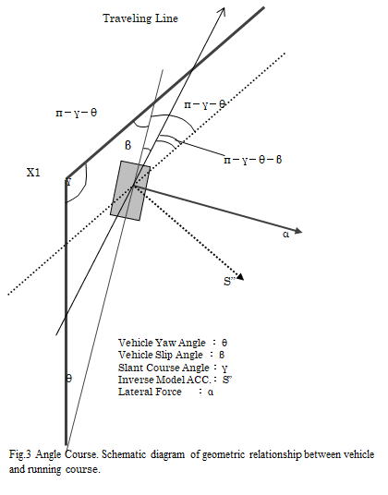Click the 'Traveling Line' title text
click(140, 18)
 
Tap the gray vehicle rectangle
click(130, 190)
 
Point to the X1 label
click(33, 173)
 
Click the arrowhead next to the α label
click(297, 231)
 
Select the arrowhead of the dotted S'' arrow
click(240, 276)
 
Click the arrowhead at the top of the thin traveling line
click(222, 11)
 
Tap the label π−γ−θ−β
click(252, 160)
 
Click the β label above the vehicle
click(127, 145)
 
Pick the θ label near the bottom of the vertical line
click(69, 378)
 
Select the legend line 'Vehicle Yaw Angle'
click(162, 343)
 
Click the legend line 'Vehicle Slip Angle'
click(161, 355)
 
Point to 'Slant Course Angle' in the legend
click(164, 368)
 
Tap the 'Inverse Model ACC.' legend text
click(164, 380)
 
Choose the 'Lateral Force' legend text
click(150, 392)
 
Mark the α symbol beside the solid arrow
click(286, 235)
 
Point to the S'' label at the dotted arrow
click(228, 282)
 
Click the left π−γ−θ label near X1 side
click(77, 113)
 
